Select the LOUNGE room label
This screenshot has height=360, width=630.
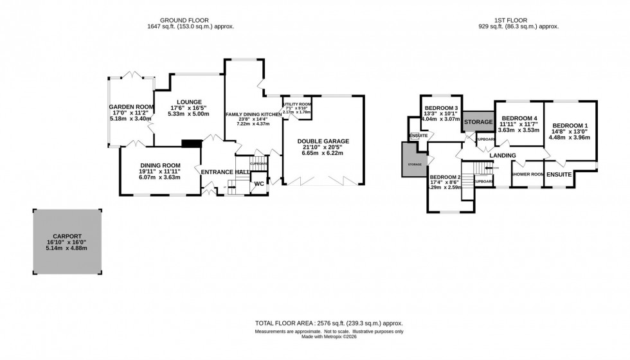pos(186,102)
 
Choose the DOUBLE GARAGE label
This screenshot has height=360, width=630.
pos(323,141)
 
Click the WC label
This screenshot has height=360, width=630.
pos(259,183)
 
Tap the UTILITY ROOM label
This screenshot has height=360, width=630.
pos(296,104)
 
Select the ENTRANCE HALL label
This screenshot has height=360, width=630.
pos(224,172)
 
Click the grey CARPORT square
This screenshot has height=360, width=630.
pos(67,241)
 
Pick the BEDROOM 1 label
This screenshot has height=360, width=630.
pos(571,125)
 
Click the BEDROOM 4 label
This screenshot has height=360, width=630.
pos(519,119)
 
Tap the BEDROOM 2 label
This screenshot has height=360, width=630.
pos(445,177)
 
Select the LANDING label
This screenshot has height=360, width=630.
pos(503,155)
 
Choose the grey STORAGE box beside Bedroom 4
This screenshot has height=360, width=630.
pos(478,122)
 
